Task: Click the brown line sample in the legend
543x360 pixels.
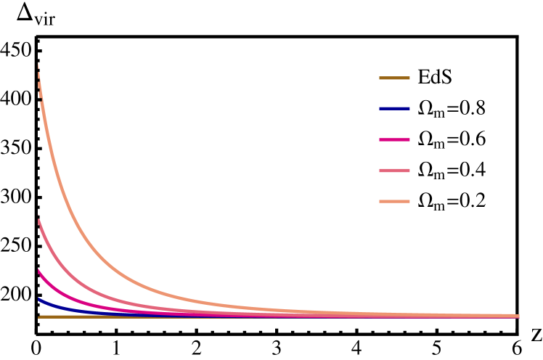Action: pos(394,78)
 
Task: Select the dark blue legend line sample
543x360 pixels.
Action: pos(394,109)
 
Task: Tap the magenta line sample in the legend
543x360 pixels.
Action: pos(394,139)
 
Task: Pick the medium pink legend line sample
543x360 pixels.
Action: pos(394,171)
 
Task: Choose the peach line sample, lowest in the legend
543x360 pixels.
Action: pos(394,201)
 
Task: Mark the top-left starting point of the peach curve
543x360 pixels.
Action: pos(38,64)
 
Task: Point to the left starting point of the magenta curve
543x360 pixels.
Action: pos(38,270)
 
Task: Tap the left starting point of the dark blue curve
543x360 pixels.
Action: pos(38,298)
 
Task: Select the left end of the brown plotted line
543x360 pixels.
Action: pos(38,316)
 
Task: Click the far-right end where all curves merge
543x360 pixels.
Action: pos(519,316)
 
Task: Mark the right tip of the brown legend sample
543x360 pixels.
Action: pos(409,78)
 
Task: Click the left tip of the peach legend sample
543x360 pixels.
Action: pos(380,201)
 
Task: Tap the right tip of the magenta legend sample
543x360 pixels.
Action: pos(409,139)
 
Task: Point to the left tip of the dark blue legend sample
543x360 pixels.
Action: pos(380,109)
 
